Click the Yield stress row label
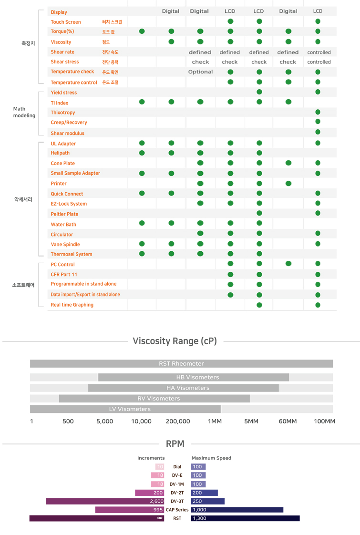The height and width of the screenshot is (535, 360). click(64, 93)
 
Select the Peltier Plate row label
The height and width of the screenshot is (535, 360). click(64, 214)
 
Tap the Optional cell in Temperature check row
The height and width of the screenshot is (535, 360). click(200, 72)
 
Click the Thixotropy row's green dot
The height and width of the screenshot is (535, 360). click(318, 113)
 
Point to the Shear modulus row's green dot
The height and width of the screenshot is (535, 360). click(318, 133)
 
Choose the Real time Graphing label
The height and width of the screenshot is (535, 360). click(72, 305)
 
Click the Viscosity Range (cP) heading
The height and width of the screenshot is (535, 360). click(175, 341)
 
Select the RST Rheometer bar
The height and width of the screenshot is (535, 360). click(181, 364)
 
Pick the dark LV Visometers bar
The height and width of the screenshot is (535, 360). click(125, 409)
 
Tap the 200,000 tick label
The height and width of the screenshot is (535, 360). click(178, 422)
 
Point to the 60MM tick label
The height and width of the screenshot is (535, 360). click(288, 422)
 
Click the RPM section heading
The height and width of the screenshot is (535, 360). click(175, 444)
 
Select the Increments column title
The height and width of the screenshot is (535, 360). click(151, 458)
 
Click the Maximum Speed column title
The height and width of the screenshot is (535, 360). click(211, 458)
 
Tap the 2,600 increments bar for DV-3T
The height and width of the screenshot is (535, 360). click(105, 501)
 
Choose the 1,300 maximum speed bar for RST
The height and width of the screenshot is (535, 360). click(245, 518)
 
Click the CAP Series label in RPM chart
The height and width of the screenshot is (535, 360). click(177, 510)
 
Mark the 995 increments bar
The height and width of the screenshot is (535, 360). click(130, 510)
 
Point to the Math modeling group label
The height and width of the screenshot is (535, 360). click(24, 112)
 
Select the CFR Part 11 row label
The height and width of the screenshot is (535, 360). click(64, 275)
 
